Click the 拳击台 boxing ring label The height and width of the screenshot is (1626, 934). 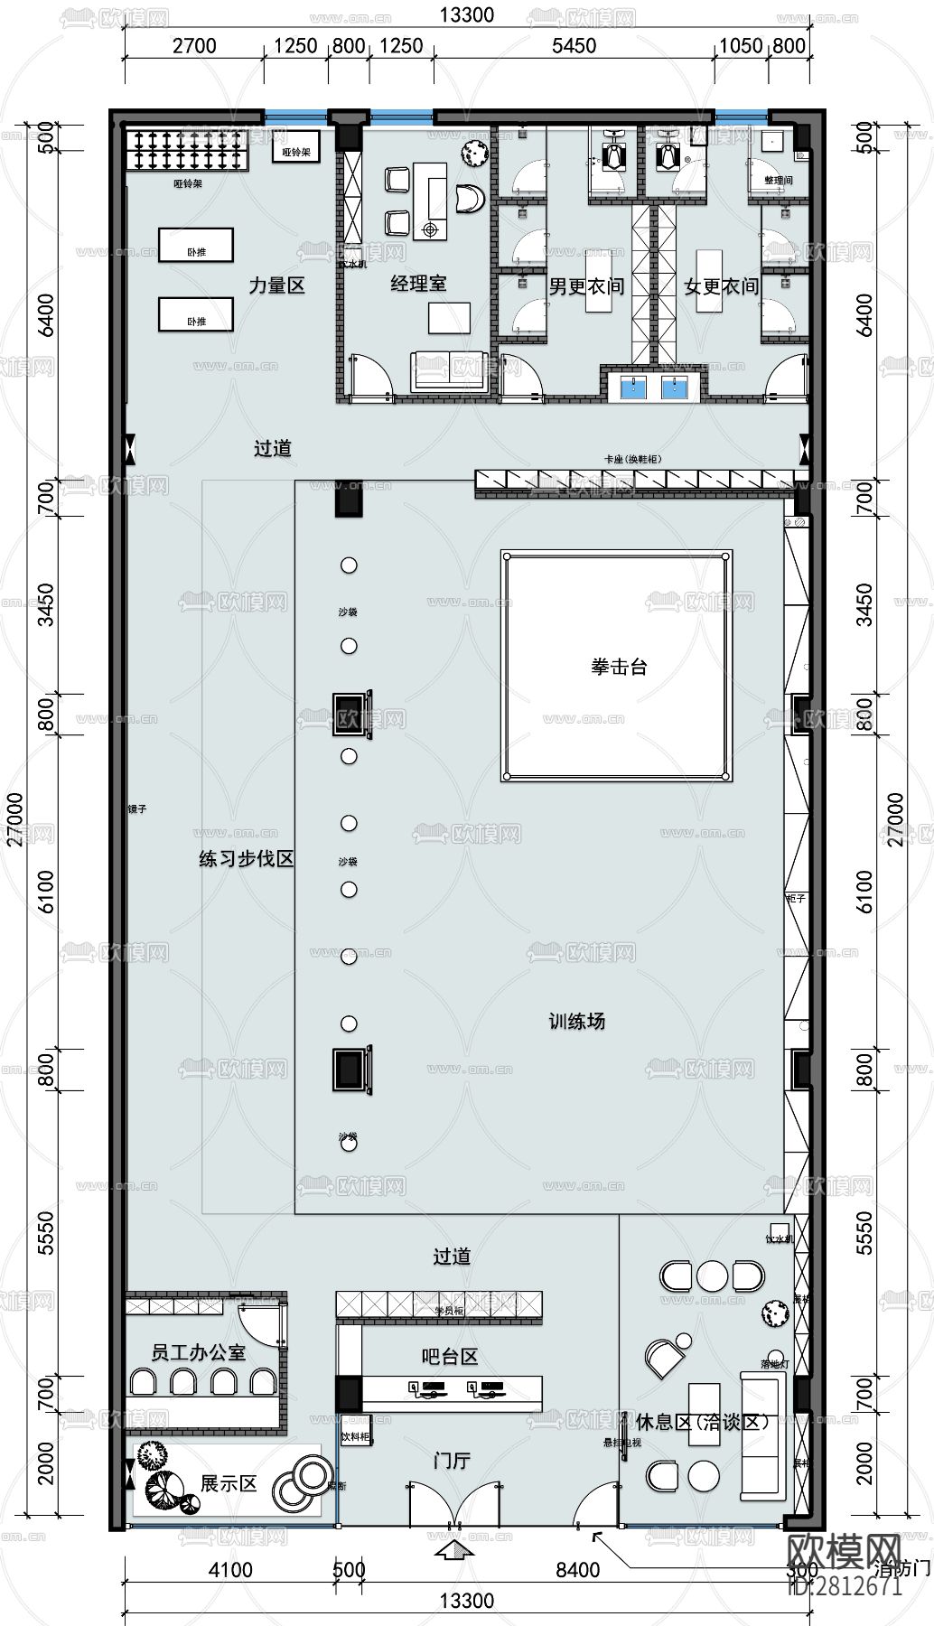coord(620,667)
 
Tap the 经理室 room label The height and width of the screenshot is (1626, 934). coord(418,284)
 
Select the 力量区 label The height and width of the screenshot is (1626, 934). coord(277,285)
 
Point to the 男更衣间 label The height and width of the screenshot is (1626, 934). coord(586,286)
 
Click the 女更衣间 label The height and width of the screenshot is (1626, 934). coord(721,286)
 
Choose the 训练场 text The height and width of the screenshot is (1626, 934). coord(577,1022)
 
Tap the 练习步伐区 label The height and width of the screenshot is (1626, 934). coord(247,858)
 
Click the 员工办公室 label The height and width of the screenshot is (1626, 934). coord(199,1352)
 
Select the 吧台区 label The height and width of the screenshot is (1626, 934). coord(450,1356)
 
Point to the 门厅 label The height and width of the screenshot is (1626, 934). coord(452,1461)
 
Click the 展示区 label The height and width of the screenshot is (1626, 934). coord(229,1483)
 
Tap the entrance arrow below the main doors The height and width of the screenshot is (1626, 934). coord(454,1552)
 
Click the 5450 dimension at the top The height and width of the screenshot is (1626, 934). coord(574,45)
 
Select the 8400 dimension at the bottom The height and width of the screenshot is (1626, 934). coord(577,1570)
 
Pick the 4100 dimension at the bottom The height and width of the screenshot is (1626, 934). coord(230,1570)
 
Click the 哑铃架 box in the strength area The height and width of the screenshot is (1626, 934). coord(295,152)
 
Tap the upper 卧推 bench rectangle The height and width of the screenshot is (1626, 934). coord(196,245)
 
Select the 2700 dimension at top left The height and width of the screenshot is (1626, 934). coord(194,45)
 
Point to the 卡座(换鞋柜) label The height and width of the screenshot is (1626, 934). coord(632,459)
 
